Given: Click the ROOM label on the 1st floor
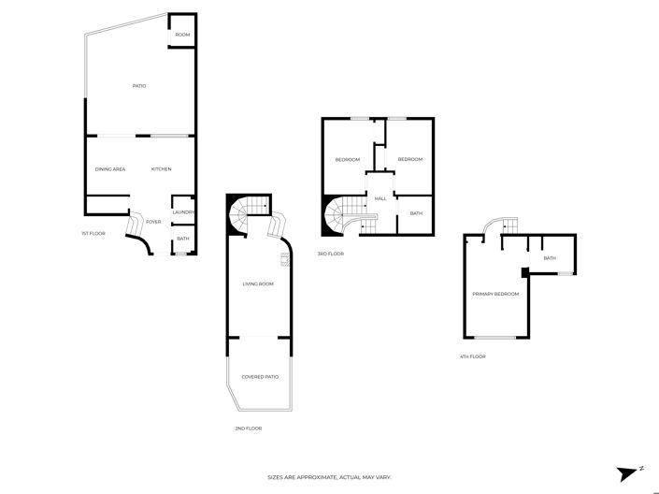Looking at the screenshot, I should click(182, 36).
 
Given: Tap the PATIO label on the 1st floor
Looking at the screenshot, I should click(138, 86).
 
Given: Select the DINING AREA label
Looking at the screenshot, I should click(110, 169).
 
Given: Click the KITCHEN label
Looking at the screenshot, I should click(162, 169).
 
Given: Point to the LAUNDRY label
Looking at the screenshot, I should click(183, 212).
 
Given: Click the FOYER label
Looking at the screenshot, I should click(153, 222).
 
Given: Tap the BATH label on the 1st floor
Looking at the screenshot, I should click(183, 239).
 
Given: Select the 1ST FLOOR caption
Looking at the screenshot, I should click(93, 234).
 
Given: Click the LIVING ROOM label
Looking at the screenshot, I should click(258, 283).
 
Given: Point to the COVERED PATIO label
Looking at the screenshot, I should click(260, 376).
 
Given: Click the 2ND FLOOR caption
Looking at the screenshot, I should click(248, 428).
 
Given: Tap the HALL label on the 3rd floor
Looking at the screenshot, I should click(380, 198).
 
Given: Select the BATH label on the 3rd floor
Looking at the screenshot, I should click(415, 214).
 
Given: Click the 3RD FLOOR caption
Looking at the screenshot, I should click(330, 254).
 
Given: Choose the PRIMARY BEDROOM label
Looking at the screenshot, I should click(495, 294).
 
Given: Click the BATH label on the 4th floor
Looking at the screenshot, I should click(550, 258).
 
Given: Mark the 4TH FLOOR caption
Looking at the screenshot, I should click(472, 356).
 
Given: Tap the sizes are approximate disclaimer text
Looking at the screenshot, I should click(329, 477).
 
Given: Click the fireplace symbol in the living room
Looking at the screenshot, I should click(282, 259).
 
